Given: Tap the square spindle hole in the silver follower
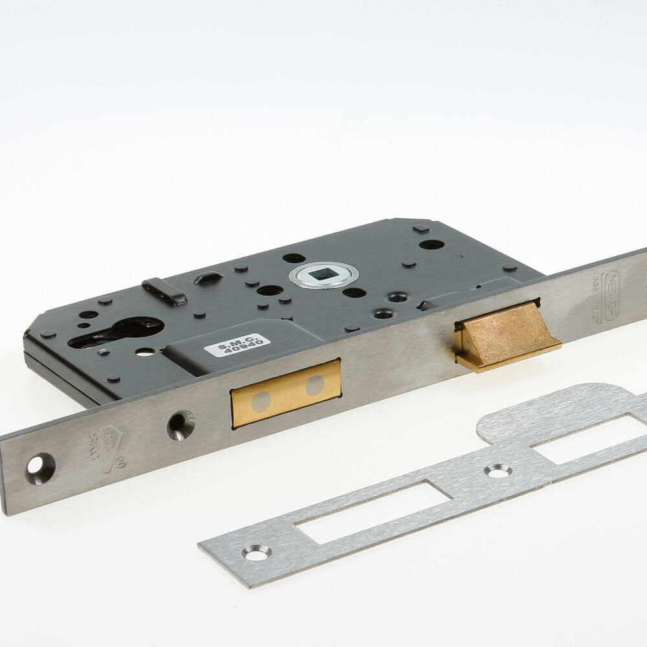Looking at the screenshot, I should tap(323, 274).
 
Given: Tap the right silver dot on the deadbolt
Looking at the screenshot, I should tap(315, 386).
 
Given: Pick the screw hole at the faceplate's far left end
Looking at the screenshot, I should tap(39, 467).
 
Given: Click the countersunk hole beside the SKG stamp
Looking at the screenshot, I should tap(181, 425).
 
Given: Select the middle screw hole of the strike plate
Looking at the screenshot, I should tap(498, 472).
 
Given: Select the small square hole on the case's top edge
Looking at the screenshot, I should tap(421, 229).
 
